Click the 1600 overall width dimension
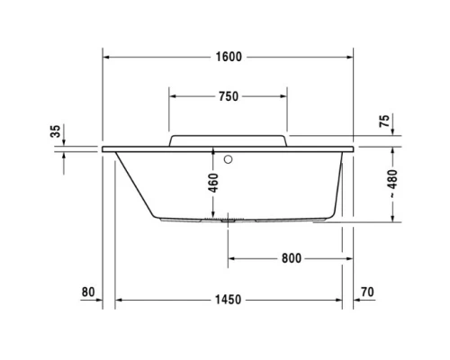point(229,57)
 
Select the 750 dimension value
point(229,96)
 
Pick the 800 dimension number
point(290,258)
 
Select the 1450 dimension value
point(229,300)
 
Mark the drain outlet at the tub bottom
point(227,218)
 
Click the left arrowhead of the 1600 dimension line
point(107,57)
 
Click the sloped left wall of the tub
point(136,184)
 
